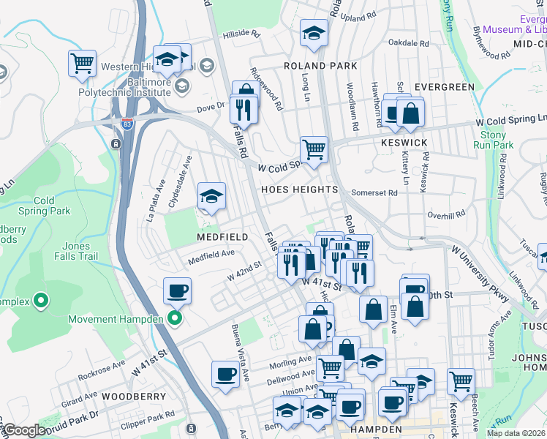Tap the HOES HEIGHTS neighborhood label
[x=300, y=190]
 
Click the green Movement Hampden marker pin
[x=174, y=318]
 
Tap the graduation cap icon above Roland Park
[x=314, y=34]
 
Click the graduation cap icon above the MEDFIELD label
[x=211, y=196]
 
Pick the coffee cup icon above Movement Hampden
[x=177, y=291]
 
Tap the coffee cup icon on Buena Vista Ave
[x=225, y=375]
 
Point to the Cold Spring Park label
[x=43, y=206]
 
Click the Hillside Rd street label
[x=242, y=34]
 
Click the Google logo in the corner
[x=24, y=430]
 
